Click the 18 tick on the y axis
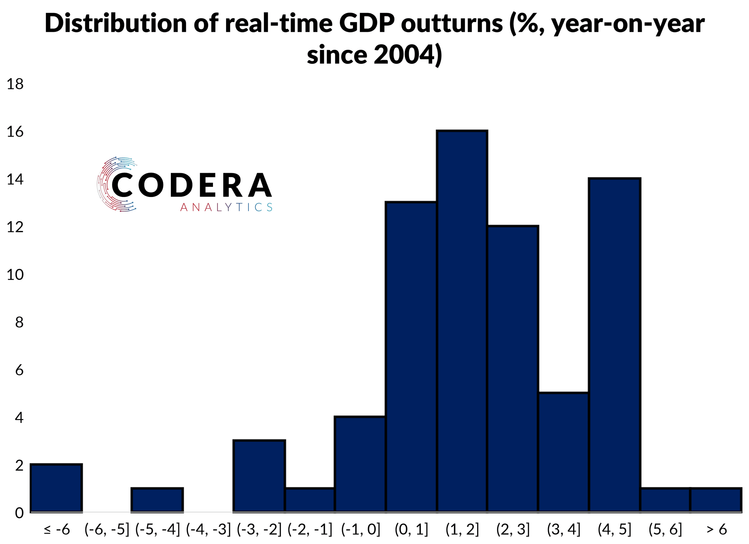coord(15,84)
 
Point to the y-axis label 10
coord(15,274)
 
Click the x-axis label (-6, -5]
coord(107,529)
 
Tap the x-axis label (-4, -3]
coord(208,529)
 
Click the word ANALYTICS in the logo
coord(226,207)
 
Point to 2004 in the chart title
coord(403,54)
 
